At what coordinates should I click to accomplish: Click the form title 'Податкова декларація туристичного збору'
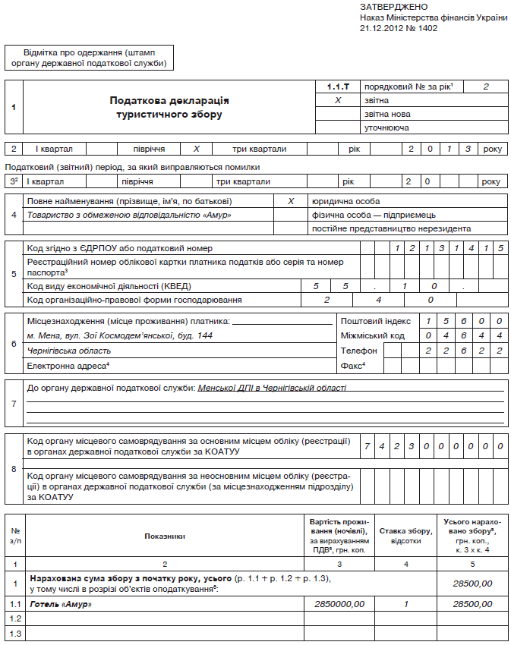[169, 107]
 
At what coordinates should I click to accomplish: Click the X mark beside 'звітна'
[339, 100]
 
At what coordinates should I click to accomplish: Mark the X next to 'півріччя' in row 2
[197, 149]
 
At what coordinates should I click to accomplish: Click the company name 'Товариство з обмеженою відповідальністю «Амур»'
[128, 215]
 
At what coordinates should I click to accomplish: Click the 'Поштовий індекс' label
[375, 321]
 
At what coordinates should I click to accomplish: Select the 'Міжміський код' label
[372, 335]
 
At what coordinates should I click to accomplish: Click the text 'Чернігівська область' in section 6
[69, 351]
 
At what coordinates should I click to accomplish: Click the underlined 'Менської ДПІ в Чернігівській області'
[272, 388]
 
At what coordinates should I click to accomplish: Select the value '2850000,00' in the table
[339, 603]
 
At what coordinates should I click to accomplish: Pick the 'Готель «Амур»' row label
[60, 603]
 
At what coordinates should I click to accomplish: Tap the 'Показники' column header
[165, 536]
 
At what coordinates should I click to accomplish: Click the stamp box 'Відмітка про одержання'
[89, 57]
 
